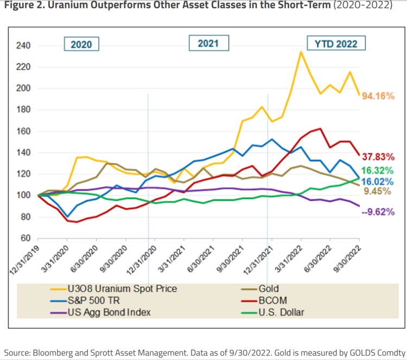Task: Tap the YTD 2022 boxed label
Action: tap(336, 43)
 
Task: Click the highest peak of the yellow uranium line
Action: tap(301, 52)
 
